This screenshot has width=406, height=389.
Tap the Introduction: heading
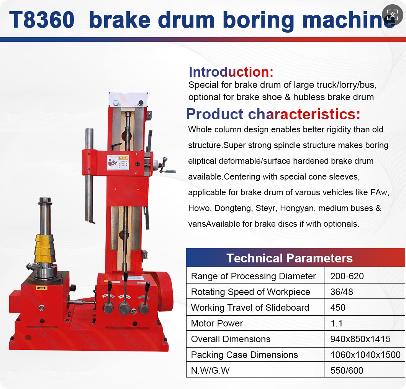[231, 72]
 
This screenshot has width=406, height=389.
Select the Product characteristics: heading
[273, 114]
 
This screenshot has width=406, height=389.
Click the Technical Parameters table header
[289, 258]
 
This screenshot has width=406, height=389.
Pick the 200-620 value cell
[347, 276]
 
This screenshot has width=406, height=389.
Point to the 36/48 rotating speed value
[342, 292]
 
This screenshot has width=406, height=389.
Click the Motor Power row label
[217, 323]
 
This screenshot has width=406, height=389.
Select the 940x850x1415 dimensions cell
[360, 339]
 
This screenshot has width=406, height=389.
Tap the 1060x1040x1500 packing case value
[365, 355]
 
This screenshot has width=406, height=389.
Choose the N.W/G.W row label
[213, 371]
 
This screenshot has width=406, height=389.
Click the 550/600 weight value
[347, 371]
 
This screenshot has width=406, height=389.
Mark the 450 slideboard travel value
[338, 308]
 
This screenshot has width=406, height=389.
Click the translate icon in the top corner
[392, 15]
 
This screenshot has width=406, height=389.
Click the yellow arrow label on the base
[41, 288]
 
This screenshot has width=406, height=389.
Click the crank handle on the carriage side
[165, 165]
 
